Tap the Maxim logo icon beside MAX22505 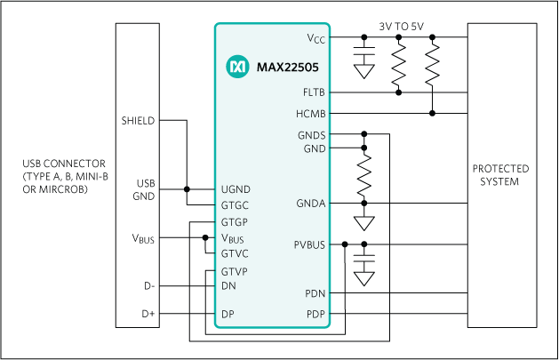coord(237,66)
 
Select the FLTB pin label coord(313,92)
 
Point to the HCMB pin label coord(311,113)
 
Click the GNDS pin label coord(312,135)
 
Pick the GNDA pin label coord(312,204)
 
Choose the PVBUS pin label coord(309,244)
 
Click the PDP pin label coord(315,314)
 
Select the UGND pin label coord(236,189)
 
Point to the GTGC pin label coord(236,204)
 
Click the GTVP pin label coord(235,271)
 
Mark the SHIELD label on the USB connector coord(139,120)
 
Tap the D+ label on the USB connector coord(148,314)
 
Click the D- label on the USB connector coord(149,286)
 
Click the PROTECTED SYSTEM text coord(500,175)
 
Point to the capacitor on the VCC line coord(363,54)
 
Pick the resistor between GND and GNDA coord(363,177)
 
